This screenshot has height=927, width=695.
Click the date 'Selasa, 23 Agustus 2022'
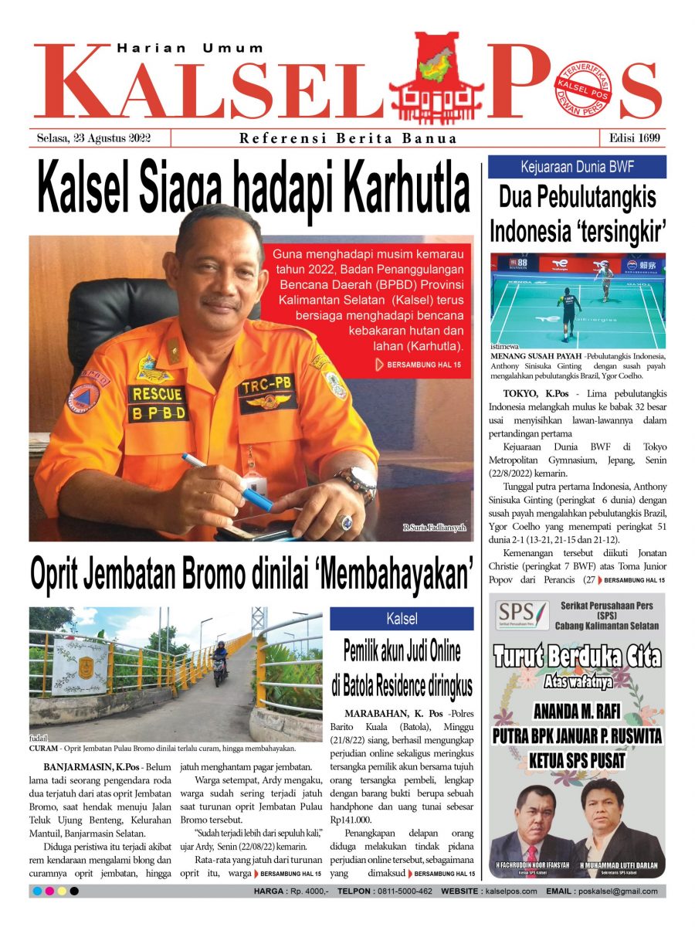point(93,139)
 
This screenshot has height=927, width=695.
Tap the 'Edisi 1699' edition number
point(632,139)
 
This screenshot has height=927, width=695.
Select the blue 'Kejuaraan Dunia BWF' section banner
point(577,167)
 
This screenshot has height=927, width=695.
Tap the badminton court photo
point(578,301)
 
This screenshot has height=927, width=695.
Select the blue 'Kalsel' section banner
point(402,619)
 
